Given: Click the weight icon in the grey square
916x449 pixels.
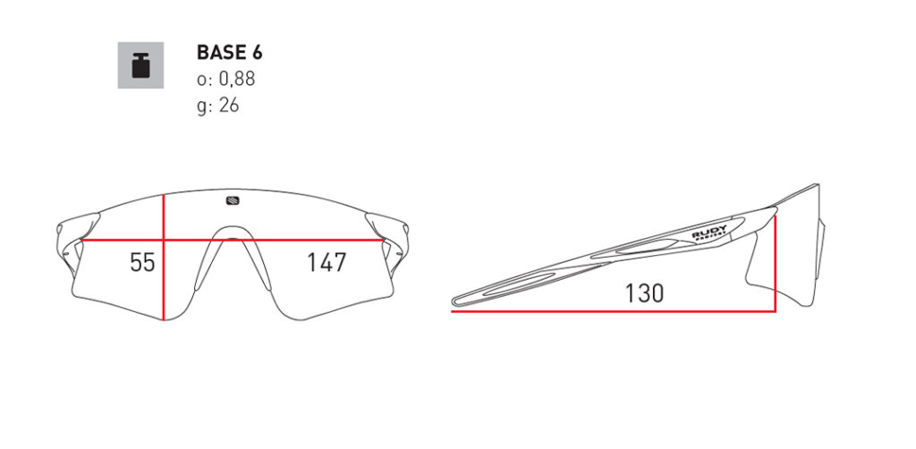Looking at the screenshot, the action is pos(140,64).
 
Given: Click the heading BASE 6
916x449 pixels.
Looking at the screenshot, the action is pos(230,53).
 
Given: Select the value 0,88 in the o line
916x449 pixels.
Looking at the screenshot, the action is pos(236,79).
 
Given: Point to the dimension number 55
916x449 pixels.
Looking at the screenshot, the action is pos(142,263).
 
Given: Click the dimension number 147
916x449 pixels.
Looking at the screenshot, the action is pos(327,263).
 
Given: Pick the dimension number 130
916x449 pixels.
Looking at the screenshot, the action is pos(644,293).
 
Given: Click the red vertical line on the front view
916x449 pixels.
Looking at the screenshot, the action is pos(164,258).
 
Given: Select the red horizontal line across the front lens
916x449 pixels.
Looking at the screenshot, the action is pos(233,240).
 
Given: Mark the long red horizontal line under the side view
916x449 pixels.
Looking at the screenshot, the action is pos(614,311).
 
